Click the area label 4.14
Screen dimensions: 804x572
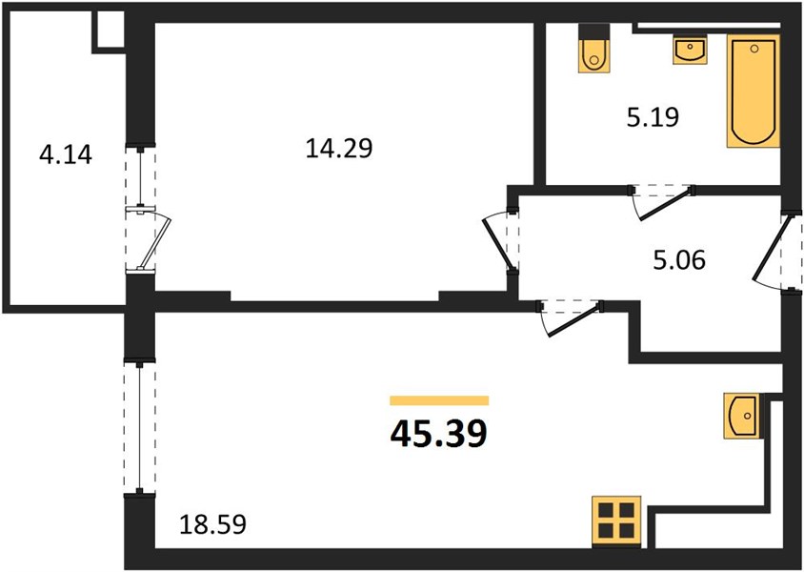pos(65,154)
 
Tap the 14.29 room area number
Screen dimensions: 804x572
pos(339,149)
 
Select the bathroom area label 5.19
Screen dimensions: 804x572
pos(653,117)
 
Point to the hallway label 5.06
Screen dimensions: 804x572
pos(679,260)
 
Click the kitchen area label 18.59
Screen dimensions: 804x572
pos(212,524)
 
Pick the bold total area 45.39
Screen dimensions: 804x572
pos(438,434)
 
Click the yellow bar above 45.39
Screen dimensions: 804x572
pos(439,400)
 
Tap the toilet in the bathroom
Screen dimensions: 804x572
pos(594,49)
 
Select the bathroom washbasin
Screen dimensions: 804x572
pos(690,50)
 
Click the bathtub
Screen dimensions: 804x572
pos(754,91)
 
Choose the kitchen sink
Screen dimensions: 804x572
pos(741,416)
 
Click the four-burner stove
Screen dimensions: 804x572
pos(616,521)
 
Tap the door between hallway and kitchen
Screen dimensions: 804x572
pos(569,320)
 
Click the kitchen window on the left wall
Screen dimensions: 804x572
pos(139,427)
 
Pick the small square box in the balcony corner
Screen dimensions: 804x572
pos(110,30)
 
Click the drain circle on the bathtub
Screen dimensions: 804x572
pos(754,49)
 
